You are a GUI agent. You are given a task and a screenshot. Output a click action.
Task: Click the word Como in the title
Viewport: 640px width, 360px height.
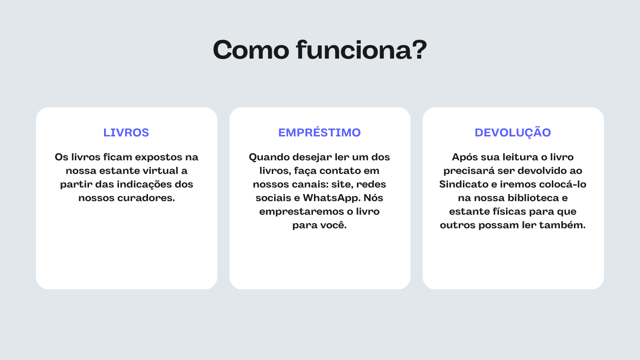coord(251,50)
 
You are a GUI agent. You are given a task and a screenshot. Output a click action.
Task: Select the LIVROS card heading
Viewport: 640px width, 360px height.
coord(126,133)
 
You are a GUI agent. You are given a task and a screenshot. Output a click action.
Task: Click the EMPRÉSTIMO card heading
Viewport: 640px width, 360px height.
coord(320,132)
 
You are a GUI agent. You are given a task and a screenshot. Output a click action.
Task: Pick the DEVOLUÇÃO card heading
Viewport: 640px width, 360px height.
coord(513,133)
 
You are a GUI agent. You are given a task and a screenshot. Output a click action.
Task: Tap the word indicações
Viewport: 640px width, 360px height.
coord(144,184)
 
